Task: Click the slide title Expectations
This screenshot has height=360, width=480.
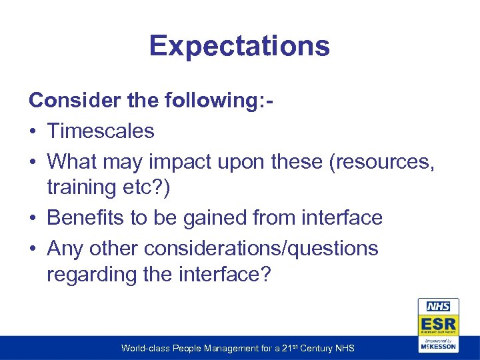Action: [239, 46]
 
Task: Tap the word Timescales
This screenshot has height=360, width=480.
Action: [101, 131]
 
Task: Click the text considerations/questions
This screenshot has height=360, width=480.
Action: [262, 248]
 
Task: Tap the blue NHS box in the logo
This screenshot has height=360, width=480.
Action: [438, 307]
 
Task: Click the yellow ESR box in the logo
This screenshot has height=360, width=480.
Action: [438, 323]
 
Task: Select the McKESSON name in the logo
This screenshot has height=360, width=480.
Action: [438, 347]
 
